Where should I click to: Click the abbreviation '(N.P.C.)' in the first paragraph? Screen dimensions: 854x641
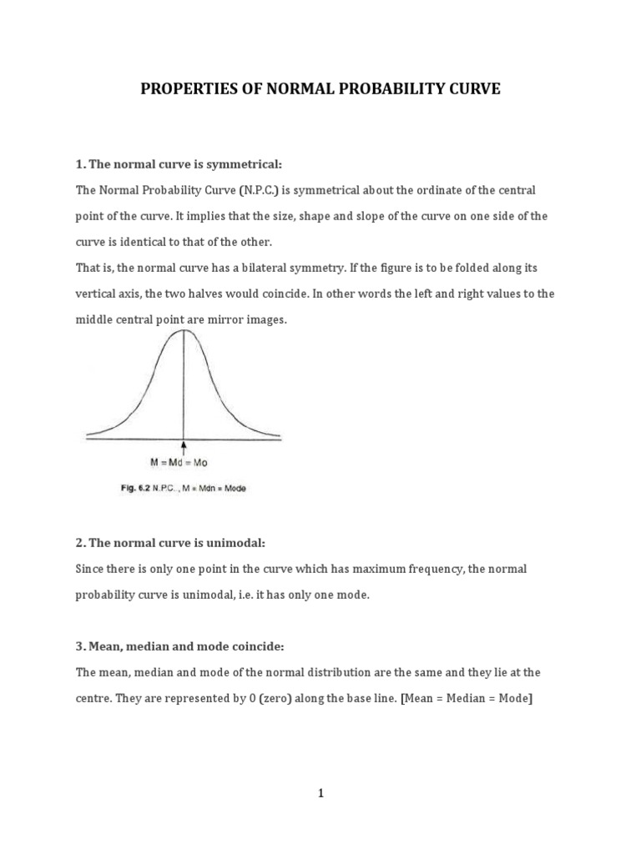(261, 190)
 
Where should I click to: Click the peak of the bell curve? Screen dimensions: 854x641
(184, 331)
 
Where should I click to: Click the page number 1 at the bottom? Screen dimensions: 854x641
(320, 793)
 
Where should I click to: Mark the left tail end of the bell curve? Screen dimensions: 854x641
(88, 435)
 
